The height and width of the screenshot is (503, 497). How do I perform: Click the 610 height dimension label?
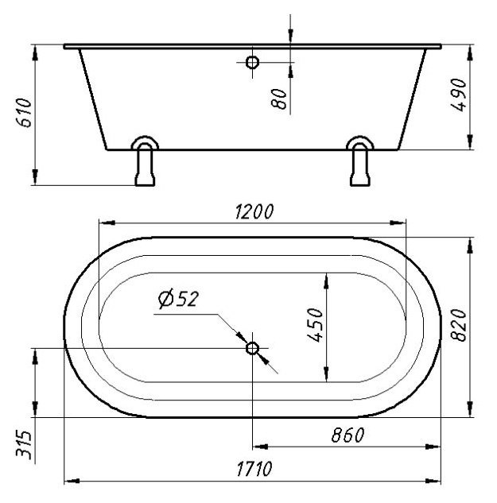point(25,113)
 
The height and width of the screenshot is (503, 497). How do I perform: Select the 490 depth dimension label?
point(459,95)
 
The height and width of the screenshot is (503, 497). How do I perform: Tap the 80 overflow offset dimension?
point(278,99)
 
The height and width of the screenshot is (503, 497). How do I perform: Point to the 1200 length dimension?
point(254,211)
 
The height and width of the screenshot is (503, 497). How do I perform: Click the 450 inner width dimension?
point(315,325)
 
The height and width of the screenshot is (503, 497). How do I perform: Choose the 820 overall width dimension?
point(459,325)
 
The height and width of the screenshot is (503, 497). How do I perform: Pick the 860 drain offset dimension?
point(348,435)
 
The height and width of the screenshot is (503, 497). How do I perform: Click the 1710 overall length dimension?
point(254,469)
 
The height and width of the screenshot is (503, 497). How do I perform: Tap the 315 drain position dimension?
point(25,445)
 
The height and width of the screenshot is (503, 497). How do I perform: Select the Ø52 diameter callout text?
point(178,298)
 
